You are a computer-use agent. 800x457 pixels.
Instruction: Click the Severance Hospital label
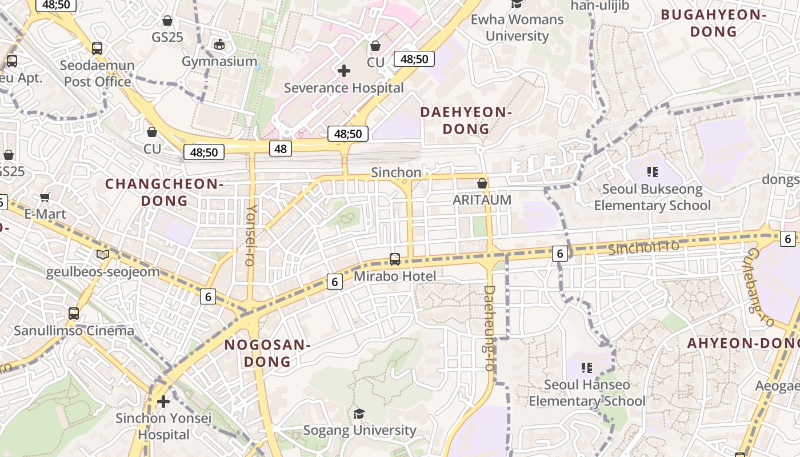point(343,88)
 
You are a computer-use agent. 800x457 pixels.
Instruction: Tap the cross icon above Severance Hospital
point(344,71)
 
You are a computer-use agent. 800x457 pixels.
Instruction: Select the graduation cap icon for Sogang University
point(359,413)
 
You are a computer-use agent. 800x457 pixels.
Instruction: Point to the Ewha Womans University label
point(517,27)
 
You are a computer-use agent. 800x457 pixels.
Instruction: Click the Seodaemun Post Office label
point(97,73)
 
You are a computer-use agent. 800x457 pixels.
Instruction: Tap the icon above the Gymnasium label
point(219,44)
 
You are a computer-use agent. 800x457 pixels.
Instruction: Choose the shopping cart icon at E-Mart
point(45,198)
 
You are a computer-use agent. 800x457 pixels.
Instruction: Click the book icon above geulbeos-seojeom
point(103,255)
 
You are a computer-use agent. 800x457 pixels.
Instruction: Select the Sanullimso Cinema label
point(74,331)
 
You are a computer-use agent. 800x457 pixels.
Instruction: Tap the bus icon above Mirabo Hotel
point(394,259)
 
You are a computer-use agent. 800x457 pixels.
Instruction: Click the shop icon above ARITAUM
point(482,183)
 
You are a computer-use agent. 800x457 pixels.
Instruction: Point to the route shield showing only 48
point(281,149)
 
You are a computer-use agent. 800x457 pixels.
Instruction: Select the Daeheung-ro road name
point(489,328)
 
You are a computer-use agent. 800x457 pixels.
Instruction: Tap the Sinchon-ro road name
point(643,247)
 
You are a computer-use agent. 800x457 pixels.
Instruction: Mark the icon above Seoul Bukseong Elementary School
point(652,171)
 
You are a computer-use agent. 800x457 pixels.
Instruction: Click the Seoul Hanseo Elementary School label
point(587,393)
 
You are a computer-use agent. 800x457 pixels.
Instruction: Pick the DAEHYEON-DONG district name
point(466,121)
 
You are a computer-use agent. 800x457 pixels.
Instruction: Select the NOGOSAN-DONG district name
point(267,353)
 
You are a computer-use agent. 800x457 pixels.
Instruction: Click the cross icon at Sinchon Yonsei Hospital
point(163,401)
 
